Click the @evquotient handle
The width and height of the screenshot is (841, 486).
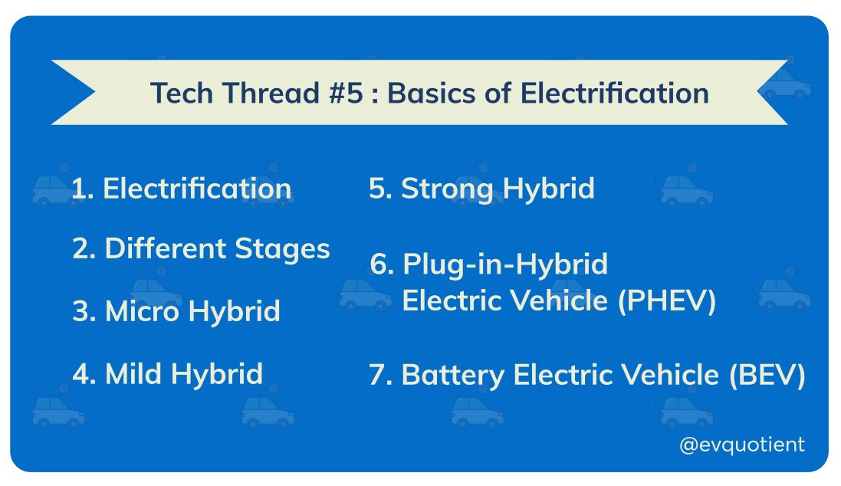click(x=741, y=444)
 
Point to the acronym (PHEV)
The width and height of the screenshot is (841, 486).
click(x=666, y=301)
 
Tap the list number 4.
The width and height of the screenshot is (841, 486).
click(x=82, y=373)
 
